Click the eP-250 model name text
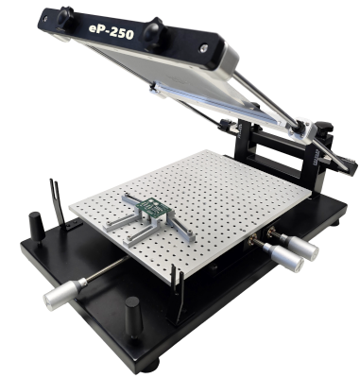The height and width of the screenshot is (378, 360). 111,31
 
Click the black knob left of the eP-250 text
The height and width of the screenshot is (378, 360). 65,17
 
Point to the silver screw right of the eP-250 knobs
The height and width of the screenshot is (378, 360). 203,48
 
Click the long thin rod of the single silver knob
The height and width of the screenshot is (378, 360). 108,267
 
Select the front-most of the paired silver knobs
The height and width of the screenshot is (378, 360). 283,257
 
